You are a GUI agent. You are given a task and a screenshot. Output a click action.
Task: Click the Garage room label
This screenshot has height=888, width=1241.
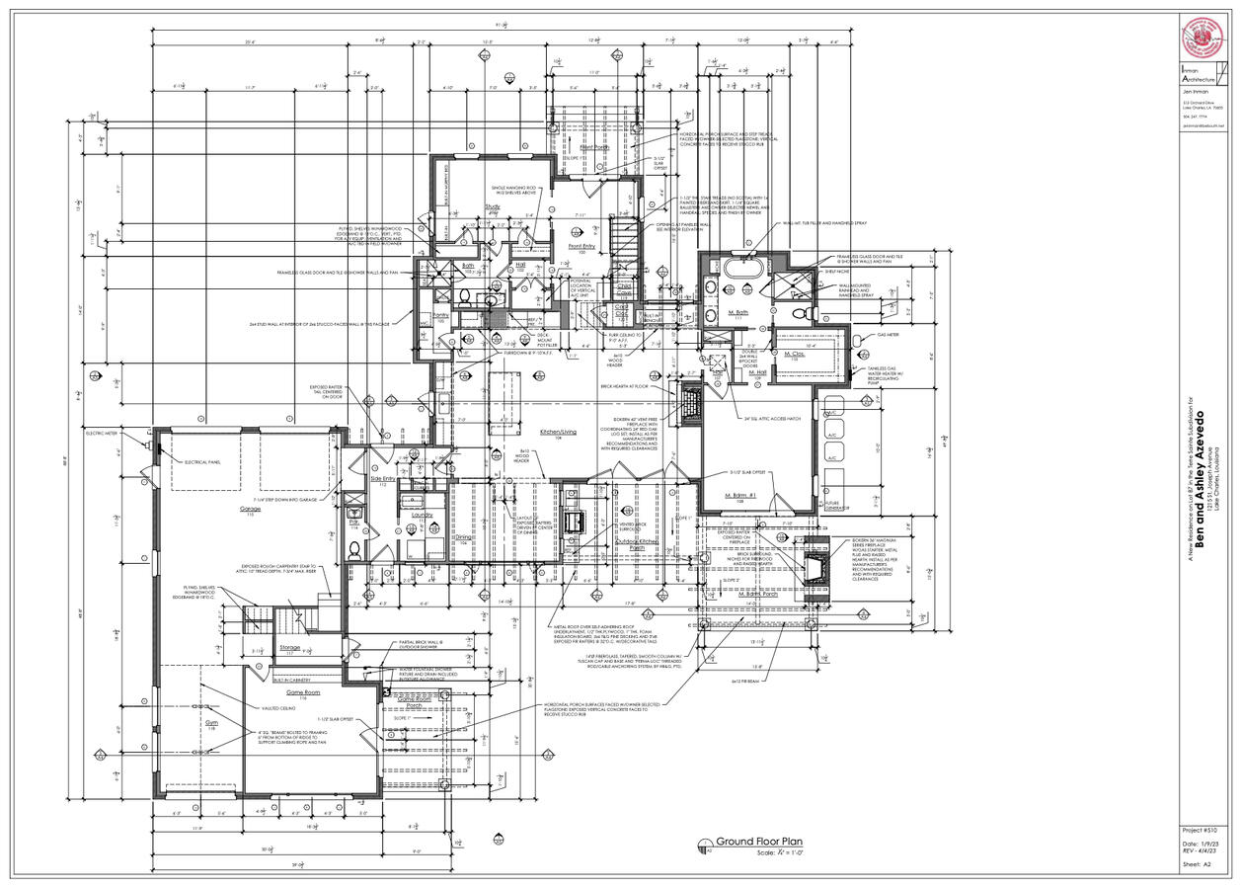[249, 510]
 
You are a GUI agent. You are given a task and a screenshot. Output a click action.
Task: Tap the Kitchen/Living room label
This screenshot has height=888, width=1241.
[557, 433]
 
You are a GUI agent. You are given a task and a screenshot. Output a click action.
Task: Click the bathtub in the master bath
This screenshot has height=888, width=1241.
[739, 269]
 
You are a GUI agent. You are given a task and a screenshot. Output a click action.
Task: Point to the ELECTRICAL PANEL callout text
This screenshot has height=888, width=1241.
[202, 462]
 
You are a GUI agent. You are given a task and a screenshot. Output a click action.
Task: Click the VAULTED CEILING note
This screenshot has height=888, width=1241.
[279, 708]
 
